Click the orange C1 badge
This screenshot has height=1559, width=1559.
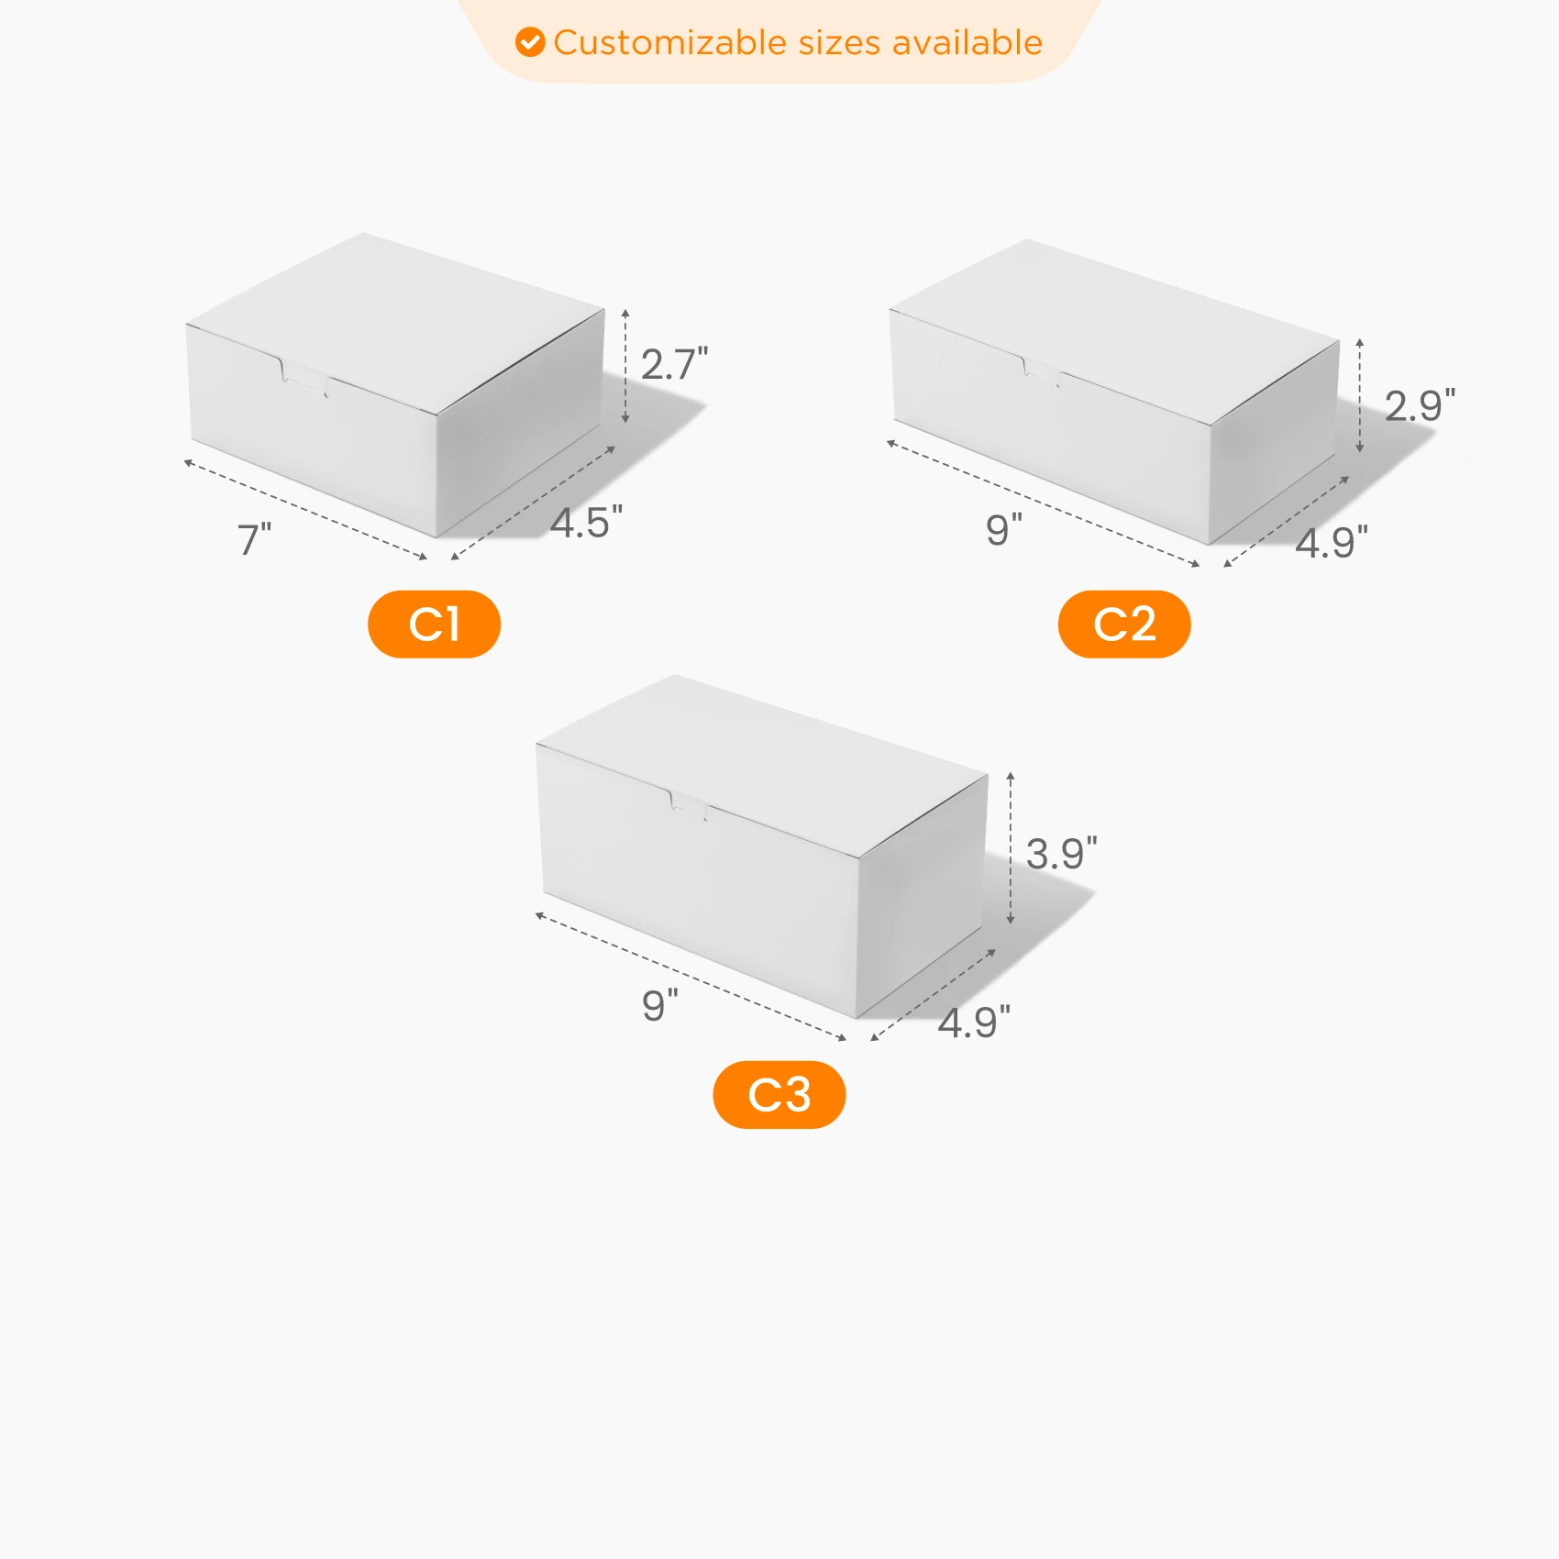pos(434,625)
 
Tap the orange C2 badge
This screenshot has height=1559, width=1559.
pos(1124,625)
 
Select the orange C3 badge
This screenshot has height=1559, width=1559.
pos(779,1095)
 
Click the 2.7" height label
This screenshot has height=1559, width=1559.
pos(674,364)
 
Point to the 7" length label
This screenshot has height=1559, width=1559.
pos(255,539)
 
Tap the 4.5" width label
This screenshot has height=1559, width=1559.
pos(586,523)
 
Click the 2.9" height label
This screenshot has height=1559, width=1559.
pos(1420,405)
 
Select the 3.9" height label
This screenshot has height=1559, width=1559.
pos(1061,854)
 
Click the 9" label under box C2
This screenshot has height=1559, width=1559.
pos(1004,530)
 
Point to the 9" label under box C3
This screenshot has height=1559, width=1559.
pos(660,1005)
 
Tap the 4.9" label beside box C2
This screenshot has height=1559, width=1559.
pos(1332,542)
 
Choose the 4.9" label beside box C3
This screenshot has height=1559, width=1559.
pos(974,1022)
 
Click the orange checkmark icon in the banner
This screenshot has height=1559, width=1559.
pos(530,42)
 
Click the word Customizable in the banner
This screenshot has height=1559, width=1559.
pos(670,43)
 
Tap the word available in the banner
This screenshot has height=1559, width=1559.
pos(967,43)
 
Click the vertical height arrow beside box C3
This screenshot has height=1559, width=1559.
pos(1011,847)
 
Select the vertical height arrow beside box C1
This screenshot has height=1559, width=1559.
pos(625,366)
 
